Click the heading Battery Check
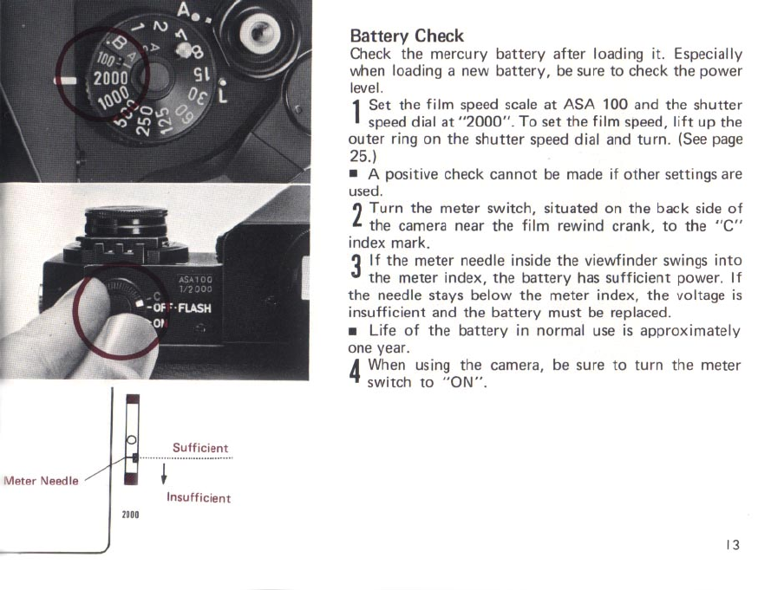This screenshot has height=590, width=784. (406, 36)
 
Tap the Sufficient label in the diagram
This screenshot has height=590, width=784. (200, 448)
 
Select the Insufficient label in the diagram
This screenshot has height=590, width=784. (199, 498)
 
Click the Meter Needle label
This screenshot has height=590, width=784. (41, 481)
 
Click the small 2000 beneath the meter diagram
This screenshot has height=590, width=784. (132, 514)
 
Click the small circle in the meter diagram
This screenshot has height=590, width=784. (132, 439)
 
